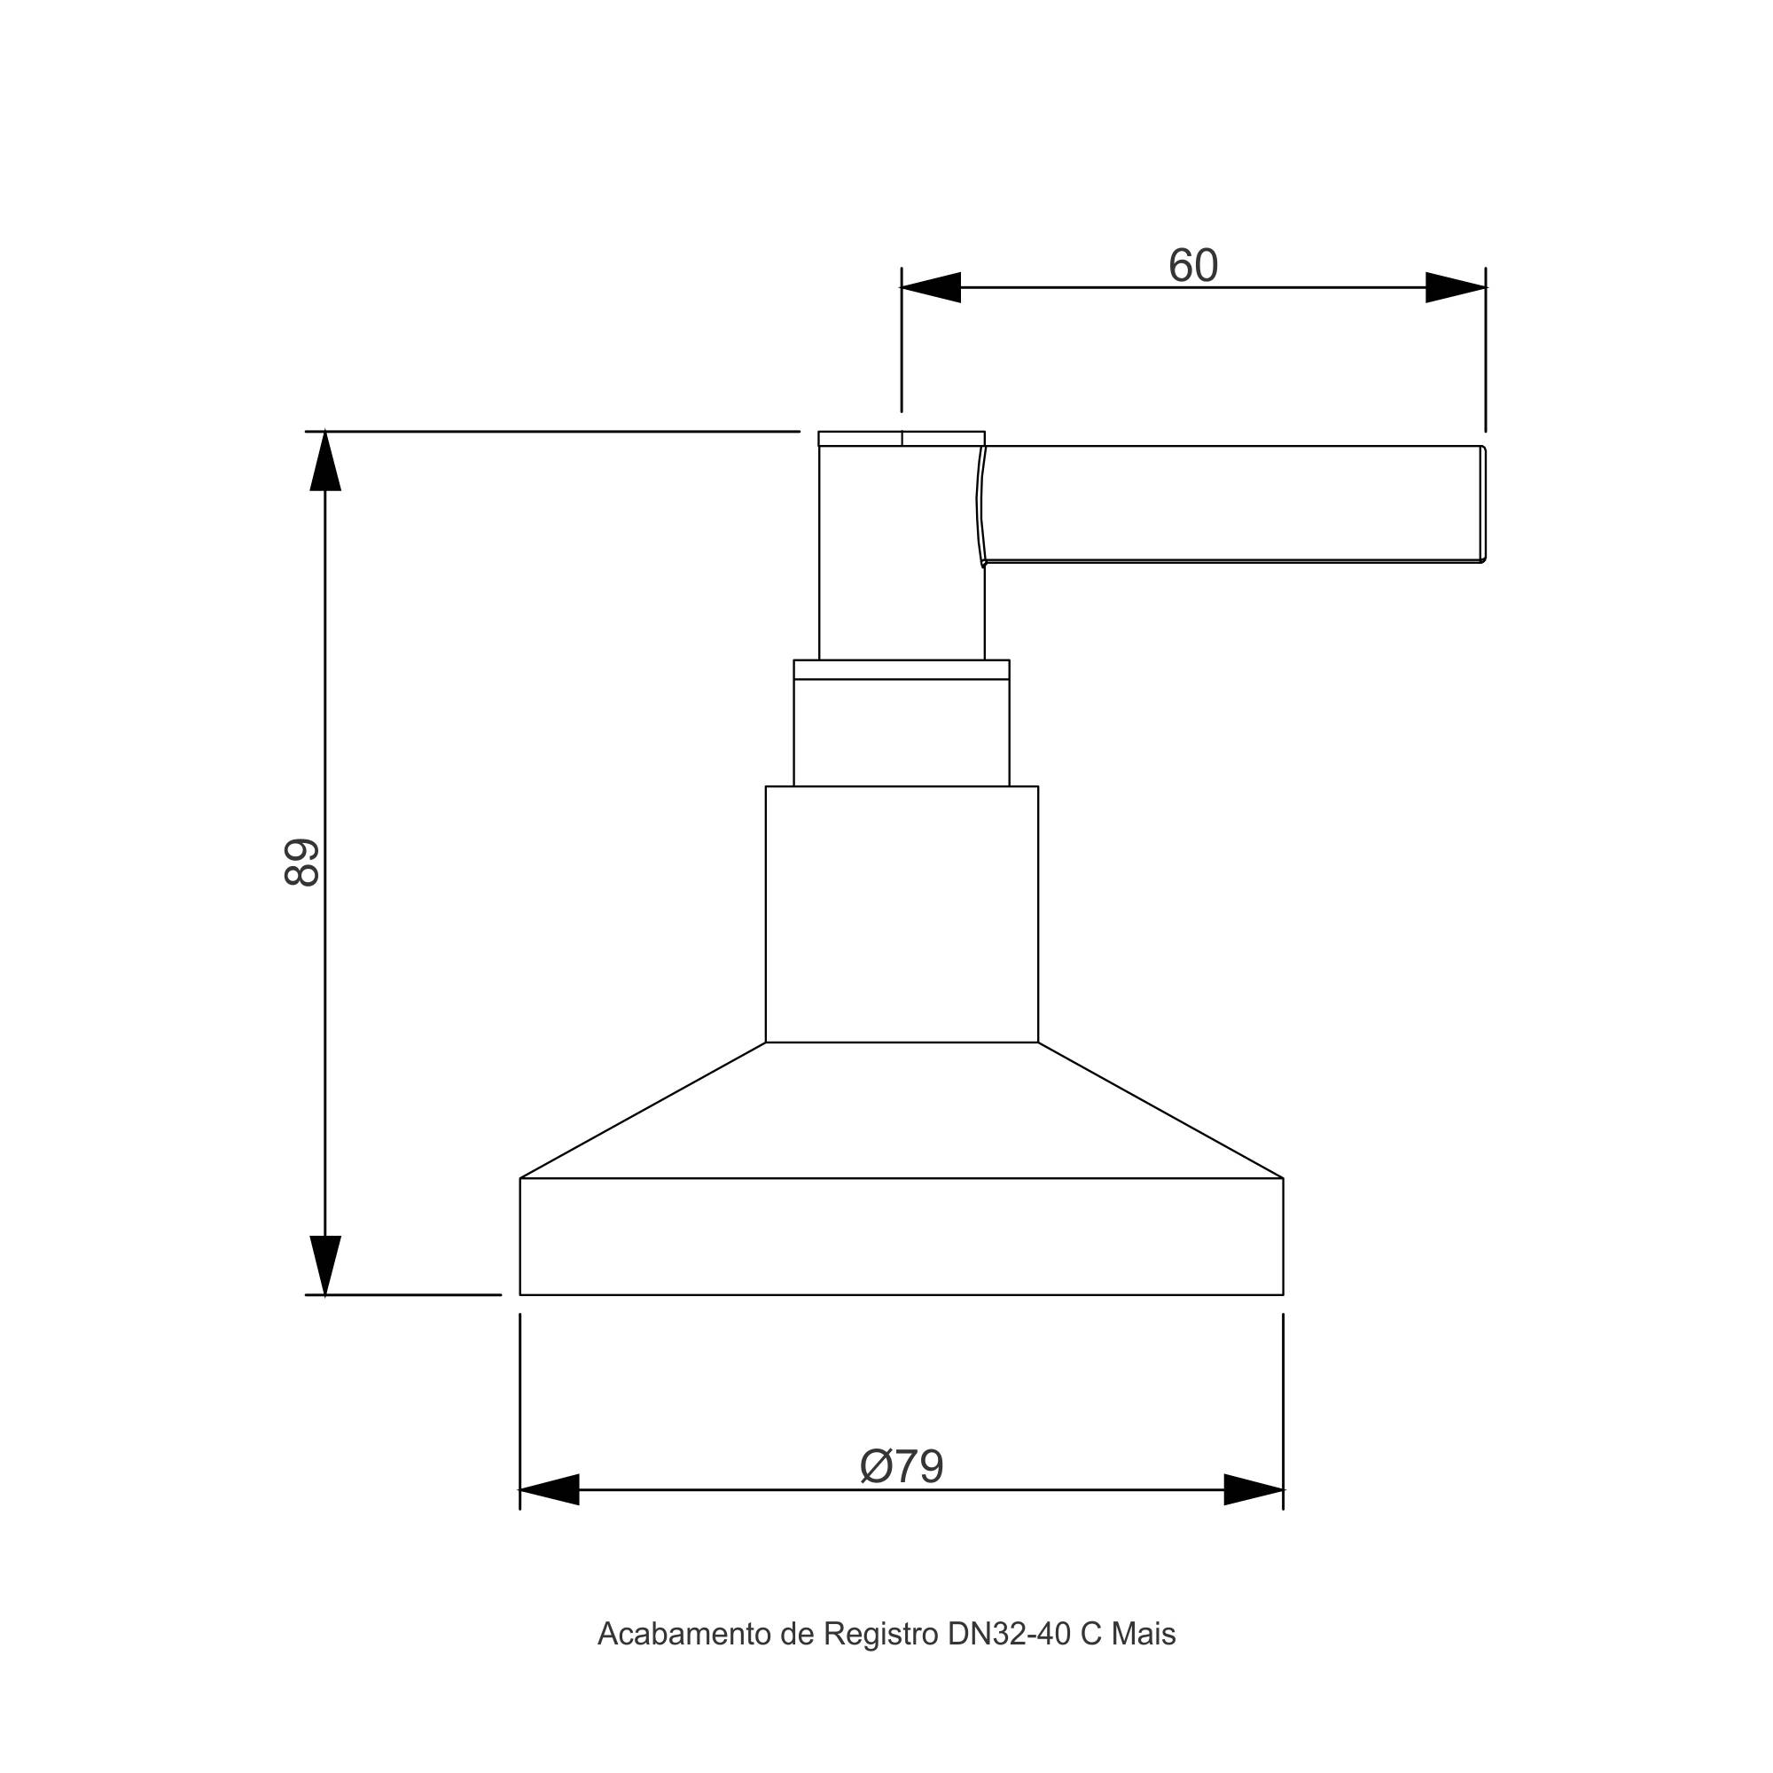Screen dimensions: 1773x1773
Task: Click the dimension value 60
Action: pos(1193,266)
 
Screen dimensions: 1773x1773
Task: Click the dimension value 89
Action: pos(302,862)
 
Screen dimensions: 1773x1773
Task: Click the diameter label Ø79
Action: pos(902,1465)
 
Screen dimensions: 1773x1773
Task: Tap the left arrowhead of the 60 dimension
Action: pos(931,287)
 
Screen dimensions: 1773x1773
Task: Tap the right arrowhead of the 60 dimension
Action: pos(1456,287)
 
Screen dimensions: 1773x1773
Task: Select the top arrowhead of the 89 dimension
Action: pos(324,461)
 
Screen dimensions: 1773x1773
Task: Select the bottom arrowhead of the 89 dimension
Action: pos(324,1266)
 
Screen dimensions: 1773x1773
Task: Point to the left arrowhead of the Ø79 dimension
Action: pos(550,1489)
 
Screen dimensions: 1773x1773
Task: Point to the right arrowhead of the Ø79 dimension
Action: pos(1254,1489)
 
